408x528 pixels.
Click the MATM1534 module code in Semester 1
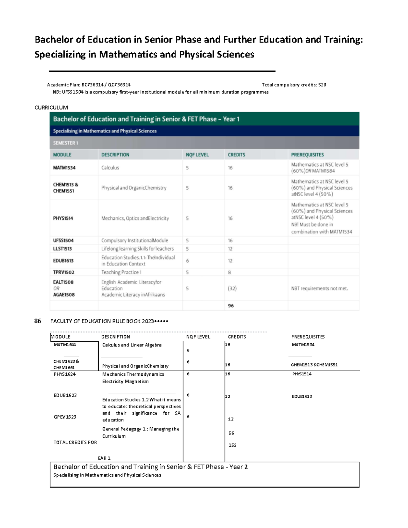pos(64,168)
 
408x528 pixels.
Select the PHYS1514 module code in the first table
pos(63,218)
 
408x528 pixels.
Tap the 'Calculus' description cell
pos(110,168)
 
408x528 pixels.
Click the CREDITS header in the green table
pos(236,155)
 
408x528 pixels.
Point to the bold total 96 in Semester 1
pos(231,306)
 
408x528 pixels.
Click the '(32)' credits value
pos(232,288)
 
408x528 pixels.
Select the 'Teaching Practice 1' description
pos(121,272)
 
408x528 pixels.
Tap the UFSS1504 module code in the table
pos(63,240)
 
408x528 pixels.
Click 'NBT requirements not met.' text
pos(320,288)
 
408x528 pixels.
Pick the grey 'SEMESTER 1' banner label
pos(66,143)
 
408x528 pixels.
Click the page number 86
pos(38,321)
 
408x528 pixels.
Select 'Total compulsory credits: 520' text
pos(294,85)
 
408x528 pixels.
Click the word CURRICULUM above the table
pos(51,107)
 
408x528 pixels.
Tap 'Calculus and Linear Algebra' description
pos(132,345)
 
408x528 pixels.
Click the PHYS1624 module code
pos(65,374)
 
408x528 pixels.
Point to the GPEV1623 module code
pos(65,417)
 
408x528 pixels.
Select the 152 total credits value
pos(233,445)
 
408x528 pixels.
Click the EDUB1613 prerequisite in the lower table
pos(302,396)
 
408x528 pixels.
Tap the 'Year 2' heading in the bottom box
pos(238,467)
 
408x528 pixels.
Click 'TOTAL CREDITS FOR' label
pos(75,442)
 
